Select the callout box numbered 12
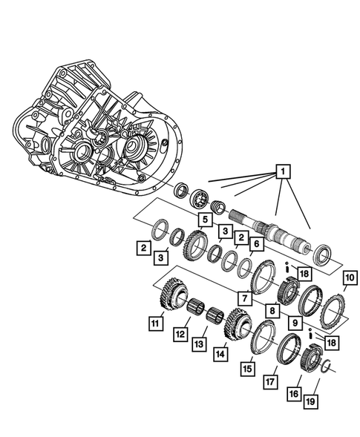click(180, 335)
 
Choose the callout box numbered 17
click(269, 382)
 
